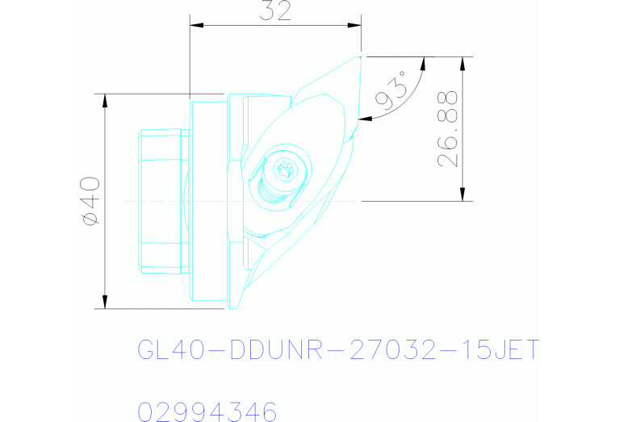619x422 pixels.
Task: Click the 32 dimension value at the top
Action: [274, 11]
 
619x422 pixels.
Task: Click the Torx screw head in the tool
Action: [283, 169]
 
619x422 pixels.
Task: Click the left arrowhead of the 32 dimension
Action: [195, 25]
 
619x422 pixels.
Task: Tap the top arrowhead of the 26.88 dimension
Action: [463, 63]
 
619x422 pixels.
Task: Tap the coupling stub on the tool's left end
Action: [161, 200]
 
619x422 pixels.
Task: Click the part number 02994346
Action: [207, 412]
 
